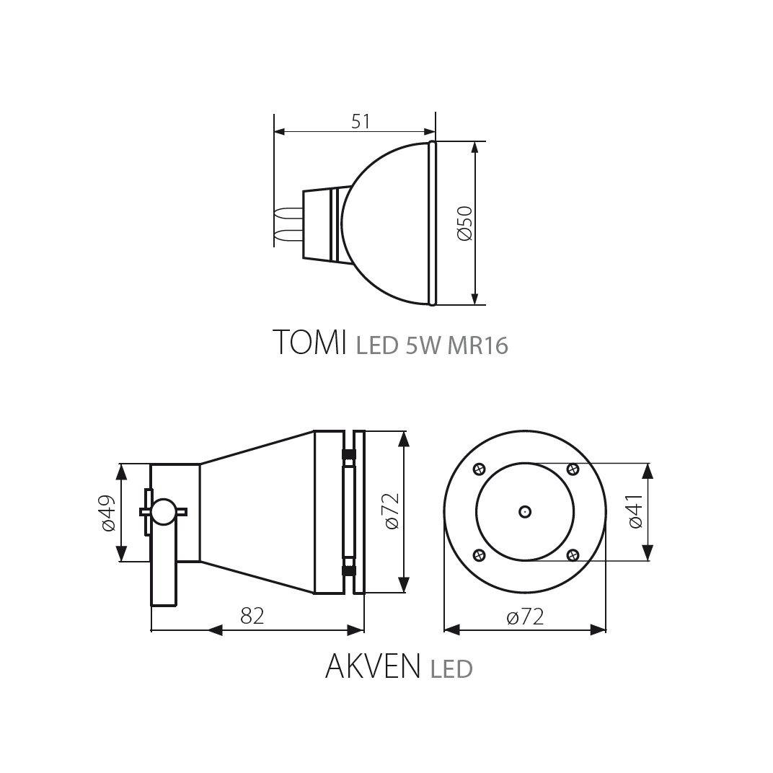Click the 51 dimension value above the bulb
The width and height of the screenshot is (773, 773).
pos(361,121)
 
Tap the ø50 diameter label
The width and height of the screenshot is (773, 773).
pos(465,224)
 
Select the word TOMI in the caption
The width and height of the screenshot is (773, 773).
pos(309,342)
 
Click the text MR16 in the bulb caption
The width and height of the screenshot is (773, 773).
pos(477,345)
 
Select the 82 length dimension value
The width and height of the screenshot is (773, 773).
pos(252,616)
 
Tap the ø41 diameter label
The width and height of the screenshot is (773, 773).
pos(635,511)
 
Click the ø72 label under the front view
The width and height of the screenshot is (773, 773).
pos(525,617)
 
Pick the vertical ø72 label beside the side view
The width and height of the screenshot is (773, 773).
pos(392,511)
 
